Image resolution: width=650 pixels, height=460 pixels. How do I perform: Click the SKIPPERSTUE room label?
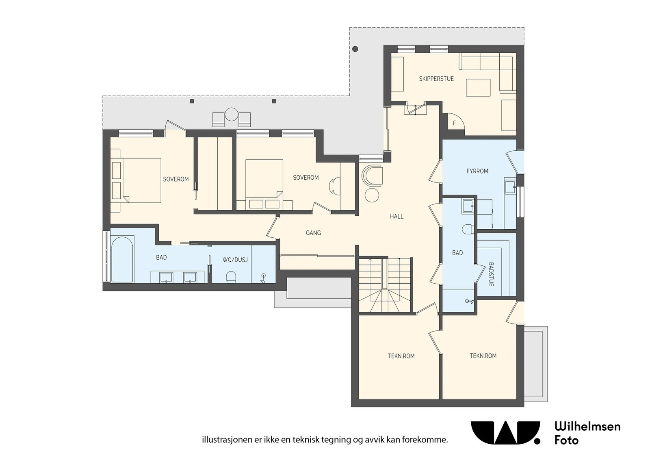pyautogui.click(x=436, y=79)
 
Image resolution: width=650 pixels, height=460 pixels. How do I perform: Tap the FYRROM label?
pyautogui.click(x=477, y=171)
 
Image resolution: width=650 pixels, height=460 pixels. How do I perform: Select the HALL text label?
pyautogui.click(x=396, y=216)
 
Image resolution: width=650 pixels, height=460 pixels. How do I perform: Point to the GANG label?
pyautogui.click(x=313, y=233)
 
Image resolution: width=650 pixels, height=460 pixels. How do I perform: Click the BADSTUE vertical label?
pyautogui.click(x=491, y=274)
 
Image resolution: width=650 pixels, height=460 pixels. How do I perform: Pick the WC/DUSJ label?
pyautogui.click(x=235, y=260)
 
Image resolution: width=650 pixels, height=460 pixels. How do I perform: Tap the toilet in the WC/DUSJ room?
pyautogui.click(x=231, y=277)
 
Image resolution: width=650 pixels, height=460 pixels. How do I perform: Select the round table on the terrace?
pyautogui.click(x=232, y=114)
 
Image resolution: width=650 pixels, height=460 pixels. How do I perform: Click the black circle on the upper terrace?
pyautogui.click(x=355, y=49)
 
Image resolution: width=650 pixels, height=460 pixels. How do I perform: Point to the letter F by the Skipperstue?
pyautogui.click(x=455, y=123)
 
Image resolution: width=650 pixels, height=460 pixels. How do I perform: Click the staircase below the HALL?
pyautogui.click(x=385, y=285)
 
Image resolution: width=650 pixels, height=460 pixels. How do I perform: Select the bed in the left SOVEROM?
pyautogui.click(x=141, y=180)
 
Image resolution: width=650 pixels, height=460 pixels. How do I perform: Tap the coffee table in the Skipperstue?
pyautogui.click(x=478, y=87)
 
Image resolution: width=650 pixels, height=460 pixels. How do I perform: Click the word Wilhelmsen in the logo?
pyautogui.click(x=587, y=426)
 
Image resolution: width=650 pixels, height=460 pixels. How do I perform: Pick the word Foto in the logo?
pyautogui.click(x=566, y=440)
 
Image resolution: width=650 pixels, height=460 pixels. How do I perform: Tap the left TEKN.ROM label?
pyautogui.click(x=401, y=356)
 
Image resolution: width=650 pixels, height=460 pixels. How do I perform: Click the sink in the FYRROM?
pyautogui.click(x=510, y=187)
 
